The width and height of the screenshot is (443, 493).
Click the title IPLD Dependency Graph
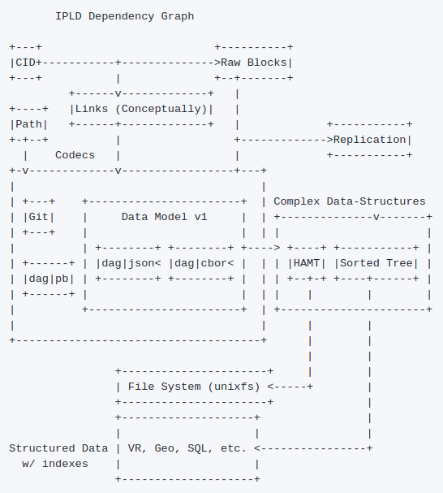click(125, 16)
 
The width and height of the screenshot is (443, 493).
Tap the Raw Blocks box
click(254, 63)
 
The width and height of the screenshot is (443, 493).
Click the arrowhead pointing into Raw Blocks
click(217, 63)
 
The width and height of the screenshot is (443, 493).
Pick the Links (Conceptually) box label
click(141, 109)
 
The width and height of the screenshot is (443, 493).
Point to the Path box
click(28, 124)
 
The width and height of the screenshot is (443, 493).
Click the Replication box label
click(369, 140)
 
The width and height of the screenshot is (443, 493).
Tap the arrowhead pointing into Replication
click(329, 140)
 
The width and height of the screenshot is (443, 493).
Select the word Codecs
click(75, 155)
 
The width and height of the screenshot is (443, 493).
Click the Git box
click(39, 217)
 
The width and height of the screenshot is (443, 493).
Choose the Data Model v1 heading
click(165, 217)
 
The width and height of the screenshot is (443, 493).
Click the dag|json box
click(128, 263)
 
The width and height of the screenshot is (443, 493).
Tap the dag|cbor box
click(200, 263)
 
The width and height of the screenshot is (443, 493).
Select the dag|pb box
click(49, 279)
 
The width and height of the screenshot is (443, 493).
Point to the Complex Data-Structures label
click(350, 201)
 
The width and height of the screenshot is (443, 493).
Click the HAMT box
click(307, 263)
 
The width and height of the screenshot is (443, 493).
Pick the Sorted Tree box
click(376, 263)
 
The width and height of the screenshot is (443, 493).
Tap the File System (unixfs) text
click(194, 387)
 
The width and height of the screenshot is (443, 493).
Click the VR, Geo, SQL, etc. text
click(187, 448)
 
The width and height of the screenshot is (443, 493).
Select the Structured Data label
click(58, 448)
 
